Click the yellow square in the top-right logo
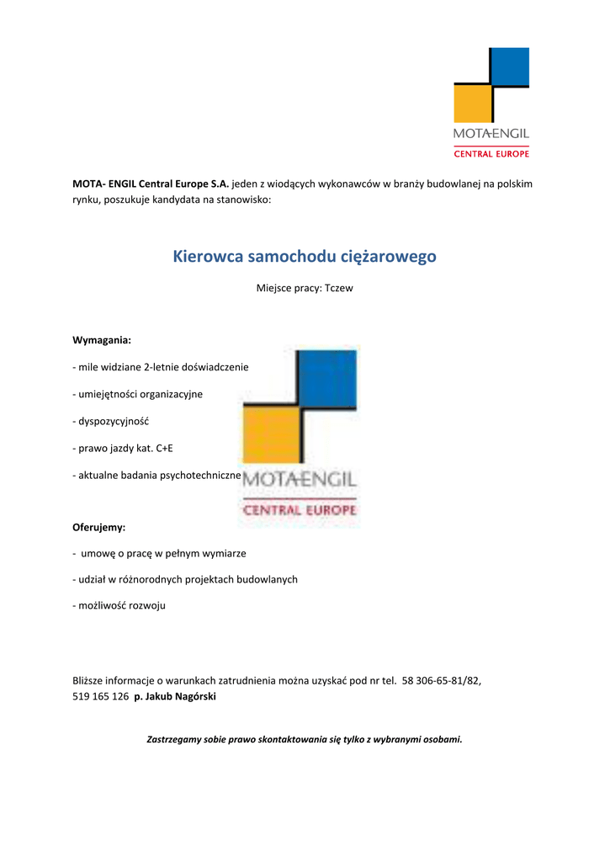[471, 104]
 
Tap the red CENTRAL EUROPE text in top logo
[491, 154]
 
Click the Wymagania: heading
[102, 340]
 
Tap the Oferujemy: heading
[99, 527]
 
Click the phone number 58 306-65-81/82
[443, 680]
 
